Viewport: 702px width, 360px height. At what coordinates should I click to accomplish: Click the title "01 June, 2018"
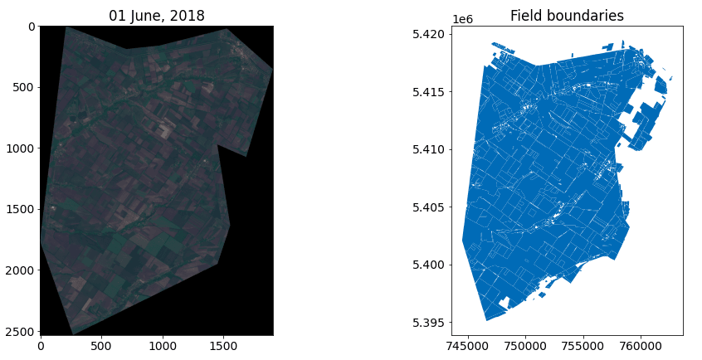pos(157,16)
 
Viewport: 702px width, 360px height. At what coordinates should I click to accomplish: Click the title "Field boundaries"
pos(567,16)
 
